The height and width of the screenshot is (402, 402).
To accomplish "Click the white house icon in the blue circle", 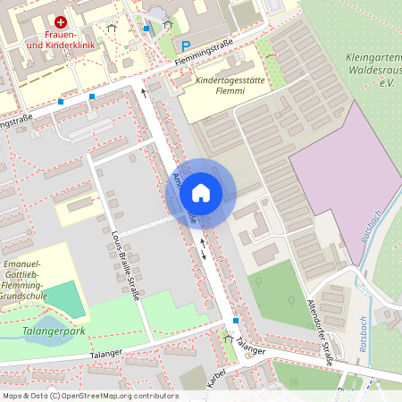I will (201, 192).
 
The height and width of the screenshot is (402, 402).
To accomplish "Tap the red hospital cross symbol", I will (61, 21).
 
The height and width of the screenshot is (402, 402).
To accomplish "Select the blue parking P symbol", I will (186, 46).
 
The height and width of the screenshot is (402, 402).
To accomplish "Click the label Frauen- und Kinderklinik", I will (61, 38).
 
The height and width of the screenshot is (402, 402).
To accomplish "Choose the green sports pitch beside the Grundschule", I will (63, 298).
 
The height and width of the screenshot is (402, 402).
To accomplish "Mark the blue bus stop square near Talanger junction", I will (236, 321).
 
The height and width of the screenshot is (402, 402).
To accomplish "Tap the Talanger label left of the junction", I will (105, 355).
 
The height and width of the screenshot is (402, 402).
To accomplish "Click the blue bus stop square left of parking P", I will (147, 29).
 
